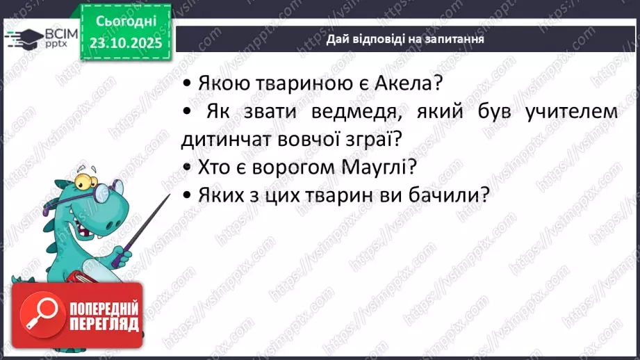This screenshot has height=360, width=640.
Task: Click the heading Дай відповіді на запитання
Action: [x=405, y=40]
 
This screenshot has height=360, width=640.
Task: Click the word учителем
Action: [x=568, y=111]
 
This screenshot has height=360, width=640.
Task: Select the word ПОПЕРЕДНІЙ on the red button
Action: [x=104, y=307]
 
